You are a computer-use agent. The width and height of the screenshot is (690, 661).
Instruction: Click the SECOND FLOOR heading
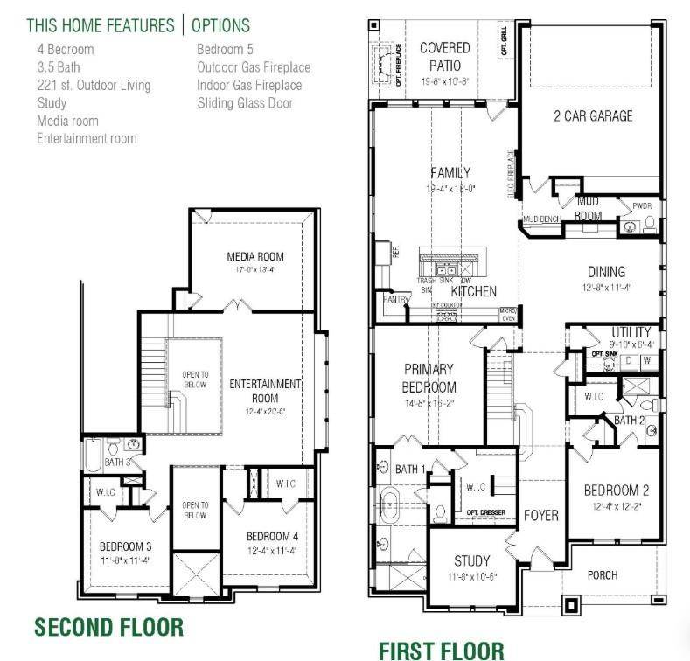[x=109, y=626]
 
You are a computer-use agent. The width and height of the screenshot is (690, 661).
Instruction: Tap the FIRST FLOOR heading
[x=441, y=650]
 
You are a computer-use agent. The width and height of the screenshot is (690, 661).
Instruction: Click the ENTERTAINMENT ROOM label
[x=265, y=391]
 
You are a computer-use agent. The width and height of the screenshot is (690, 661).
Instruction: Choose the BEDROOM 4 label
[x=273, y=536]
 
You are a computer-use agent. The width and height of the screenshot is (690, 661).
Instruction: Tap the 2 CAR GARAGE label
[x=592, y=115]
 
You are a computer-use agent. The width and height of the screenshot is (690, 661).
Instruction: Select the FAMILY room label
[x=450, y=173]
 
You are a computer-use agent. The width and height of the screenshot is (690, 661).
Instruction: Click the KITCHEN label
[x=474, y=291]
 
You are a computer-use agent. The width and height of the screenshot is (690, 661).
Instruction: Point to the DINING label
[x=606, y=272]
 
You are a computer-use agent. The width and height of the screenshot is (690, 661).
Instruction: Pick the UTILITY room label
[x=631, y=332]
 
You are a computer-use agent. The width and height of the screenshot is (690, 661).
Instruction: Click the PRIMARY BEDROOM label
[x=429, y=378]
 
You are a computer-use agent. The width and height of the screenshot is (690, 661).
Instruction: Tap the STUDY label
[x=472, y=560]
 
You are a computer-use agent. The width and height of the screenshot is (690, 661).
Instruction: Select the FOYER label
[x=540, y=516]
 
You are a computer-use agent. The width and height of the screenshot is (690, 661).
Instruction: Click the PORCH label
[x=602, y=574]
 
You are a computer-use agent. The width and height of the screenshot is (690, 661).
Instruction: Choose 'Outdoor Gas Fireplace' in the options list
[x=254, y=67]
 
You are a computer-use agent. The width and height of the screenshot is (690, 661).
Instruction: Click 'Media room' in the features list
[x=67, y=121]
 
